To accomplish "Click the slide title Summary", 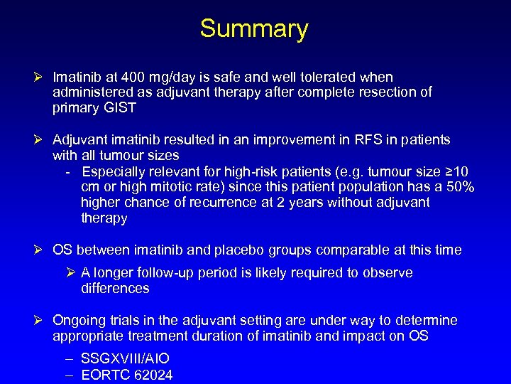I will [254, 29].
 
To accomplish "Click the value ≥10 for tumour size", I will [460, 171].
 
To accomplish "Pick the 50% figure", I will [458, 187].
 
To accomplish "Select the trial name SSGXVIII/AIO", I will [125, 359].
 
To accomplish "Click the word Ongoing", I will [79, 320].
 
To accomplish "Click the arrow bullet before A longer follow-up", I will [72, 273].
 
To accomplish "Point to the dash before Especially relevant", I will [67, 172].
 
